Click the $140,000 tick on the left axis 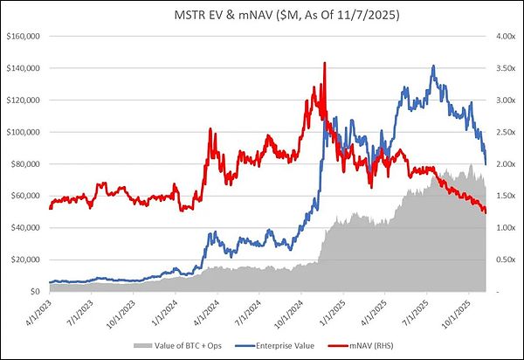(x=26, y=68)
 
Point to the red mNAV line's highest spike (x=325, y=63)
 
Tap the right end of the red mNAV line (x=486, y=211)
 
